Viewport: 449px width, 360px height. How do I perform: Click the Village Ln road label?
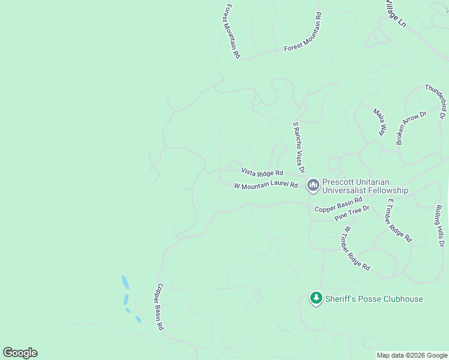[x=396, y=13]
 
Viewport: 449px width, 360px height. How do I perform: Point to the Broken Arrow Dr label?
[x=411, y=128]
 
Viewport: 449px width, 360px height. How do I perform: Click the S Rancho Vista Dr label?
[x=299, y=148]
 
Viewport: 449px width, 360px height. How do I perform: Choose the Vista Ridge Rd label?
[x=262, y=172]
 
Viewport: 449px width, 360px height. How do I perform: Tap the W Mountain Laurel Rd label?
[x=266, y=185]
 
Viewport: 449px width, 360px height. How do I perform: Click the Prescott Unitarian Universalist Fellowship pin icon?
[x=313, y=185]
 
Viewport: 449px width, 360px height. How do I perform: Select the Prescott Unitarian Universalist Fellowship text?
[x=365, y=186]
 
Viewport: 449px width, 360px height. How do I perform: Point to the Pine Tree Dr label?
[x=352, y=213]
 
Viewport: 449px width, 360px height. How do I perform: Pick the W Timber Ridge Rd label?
[x=357, y=247]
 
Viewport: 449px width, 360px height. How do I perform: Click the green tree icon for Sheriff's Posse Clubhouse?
[x=316, y=298]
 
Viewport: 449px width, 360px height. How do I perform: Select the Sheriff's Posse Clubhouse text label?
[x=374, y=299]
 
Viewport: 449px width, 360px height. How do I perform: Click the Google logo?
[x=20, y=353]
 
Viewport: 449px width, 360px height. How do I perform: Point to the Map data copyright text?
[x=412, y=355]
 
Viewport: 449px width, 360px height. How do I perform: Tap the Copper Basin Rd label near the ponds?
[x=160, y=307]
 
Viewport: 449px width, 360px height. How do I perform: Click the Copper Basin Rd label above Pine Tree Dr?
[x=339, y=205]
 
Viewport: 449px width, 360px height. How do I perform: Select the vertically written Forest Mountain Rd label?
[x=232, y=32]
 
